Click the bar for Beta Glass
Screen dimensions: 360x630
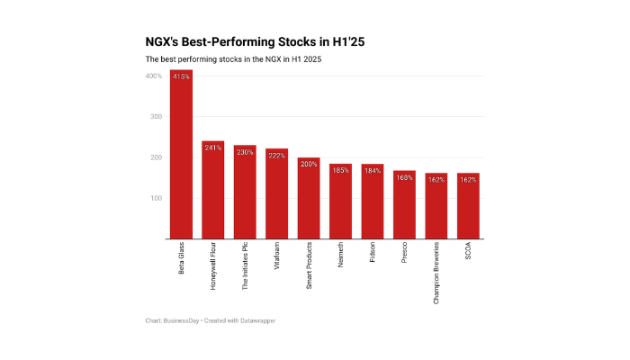tap(181, 154)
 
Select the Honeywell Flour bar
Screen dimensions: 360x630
tap(213, 190)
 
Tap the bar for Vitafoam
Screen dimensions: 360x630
tap(277, 193)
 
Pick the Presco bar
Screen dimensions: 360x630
tap(404, 204)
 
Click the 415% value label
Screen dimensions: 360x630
tap(181, 76)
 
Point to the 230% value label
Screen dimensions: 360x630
tap(245, 152)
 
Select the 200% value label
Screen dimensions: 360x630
tap(309, 165)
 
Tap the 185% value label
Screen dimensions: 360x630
tap(340, 170)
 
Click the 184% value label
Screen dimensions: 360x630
tap(373, 171)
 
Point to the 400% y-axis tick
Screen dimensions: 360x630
tap(153, 76)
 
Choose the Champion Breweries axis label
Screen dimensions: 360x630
tap(436, 273)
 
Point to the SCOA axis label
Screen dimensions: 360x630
tap(468, 252)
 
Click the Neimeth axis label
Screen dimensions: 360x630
tap(340, 257)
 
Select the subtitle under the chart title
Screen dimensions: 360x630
tap(233, 59)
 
